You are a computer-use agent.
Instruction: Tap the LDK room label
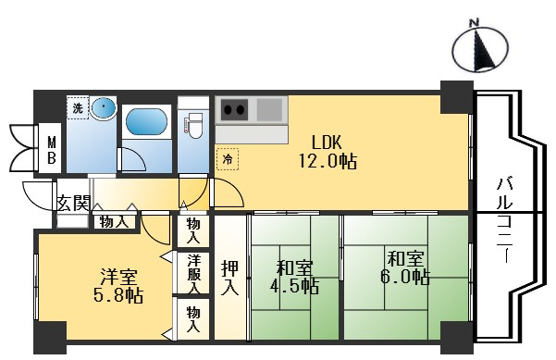tap(327, 143)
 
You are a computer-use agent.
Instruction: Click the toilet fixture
tap(194, 125)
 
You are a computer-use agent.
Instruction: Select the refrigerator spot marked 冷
tap(227, 158)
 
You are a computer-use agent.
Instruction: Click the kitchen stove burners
tap(234, 112)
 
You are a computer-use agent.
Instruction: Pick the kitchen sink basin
tap(270, 112)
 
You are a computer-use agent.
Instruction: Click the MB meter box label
tap(52, 149)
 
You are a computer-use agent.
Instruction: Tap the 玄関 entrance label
tap(73, 203)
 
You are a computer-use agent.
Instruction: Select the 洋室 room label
tap(118, 277)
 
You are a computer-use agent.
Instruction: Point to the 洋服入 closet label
tap(193, 272)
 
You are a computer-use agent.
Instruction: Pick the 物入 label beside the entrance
tap(115, 221)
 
